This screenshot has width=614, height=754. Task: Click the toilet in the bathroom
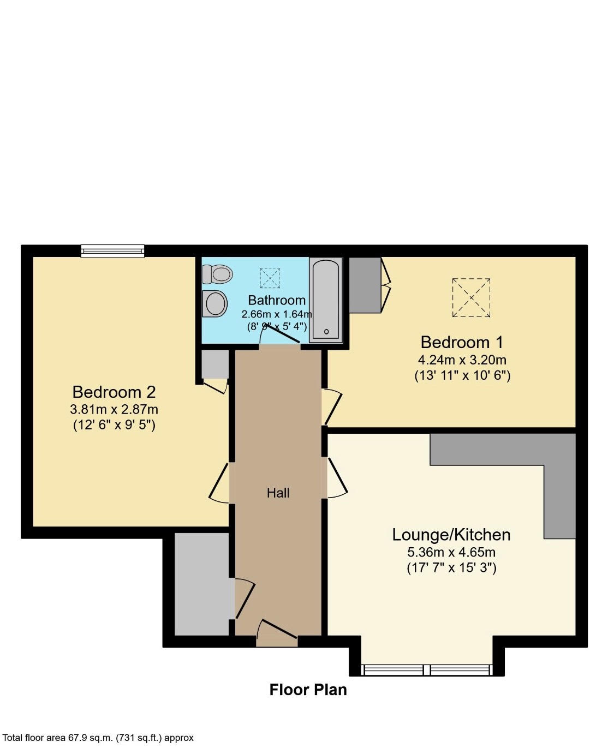click(217, 274)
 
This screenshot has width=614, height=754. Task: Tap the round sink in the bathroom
click(214, 304)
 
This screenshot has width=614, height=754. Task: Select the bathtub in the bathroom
click(326, 300)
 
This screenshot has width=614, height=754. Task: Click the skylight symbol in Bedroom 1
click(471, 298)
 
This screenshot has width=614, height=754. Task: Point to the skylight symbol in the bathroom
click(270, 278)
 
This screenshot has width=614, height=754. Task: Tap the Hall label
click(278, 493)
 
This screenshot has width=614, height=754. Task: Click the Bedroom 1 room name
click(462, 342)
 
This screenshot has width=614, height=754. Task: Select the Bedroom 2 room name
click(114, 392)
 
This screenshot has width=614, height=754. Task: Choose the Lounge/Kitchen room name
click(451, 535)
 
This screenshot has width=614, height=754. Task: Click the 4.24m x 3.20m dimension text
click(462, 360)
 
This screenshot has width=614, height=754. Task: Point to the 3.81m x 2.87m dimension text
click(114, 410)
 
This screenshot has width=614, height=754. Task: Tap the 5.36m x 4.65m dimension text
click(451, 552)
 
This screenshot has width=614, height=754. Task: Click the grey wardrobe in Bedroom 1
click(365, 285)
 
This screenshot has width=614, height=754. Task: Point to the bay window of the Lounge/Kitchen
click(426, 670)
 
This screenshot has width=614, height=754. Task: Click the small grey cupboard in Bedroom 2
click(215, 364)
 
